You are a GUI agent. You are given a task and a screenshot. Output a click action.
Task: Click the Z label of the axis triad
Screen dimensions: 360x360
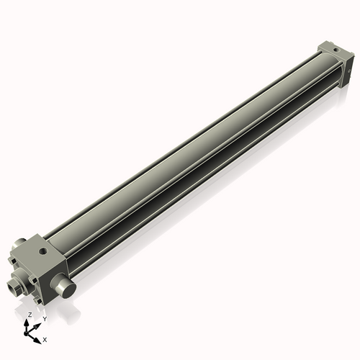tap(30, 315)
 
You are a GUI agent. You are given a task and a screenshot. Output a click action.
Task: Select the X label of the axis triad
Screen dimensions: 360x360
tap(45, 338)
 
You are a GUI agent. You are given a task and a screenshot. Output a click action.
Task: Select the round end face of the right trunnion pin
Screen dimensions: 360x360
tap(67, 289)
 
